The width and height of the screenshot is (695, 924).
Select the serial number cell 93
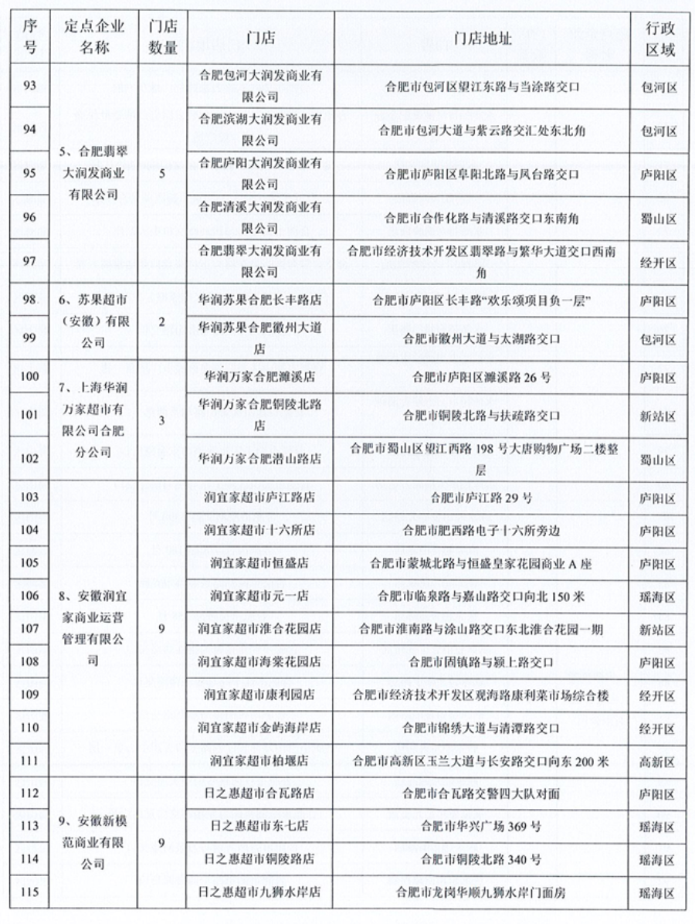tap(30, 87)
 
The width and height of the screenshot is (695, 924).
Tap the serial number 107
tap(30, 629)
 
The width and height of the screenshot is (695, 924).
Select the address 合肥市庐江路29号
tap(482, 498)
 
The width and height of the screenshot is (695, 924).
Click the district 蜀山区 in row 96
tap(659, 218)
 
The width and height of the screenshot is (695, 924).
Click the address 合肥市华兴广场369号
tap(482, 826)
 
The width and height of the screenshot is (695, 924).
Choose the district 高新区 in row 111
tap(659, 761)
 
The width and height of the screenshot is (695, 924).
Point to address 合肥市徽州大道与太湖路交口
tap(482, 339)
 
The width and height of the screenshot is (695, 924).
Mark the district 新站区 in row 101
tap(659, 416)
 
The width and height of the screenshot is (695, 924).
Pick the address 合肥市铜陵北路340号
tap(482, 859)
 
